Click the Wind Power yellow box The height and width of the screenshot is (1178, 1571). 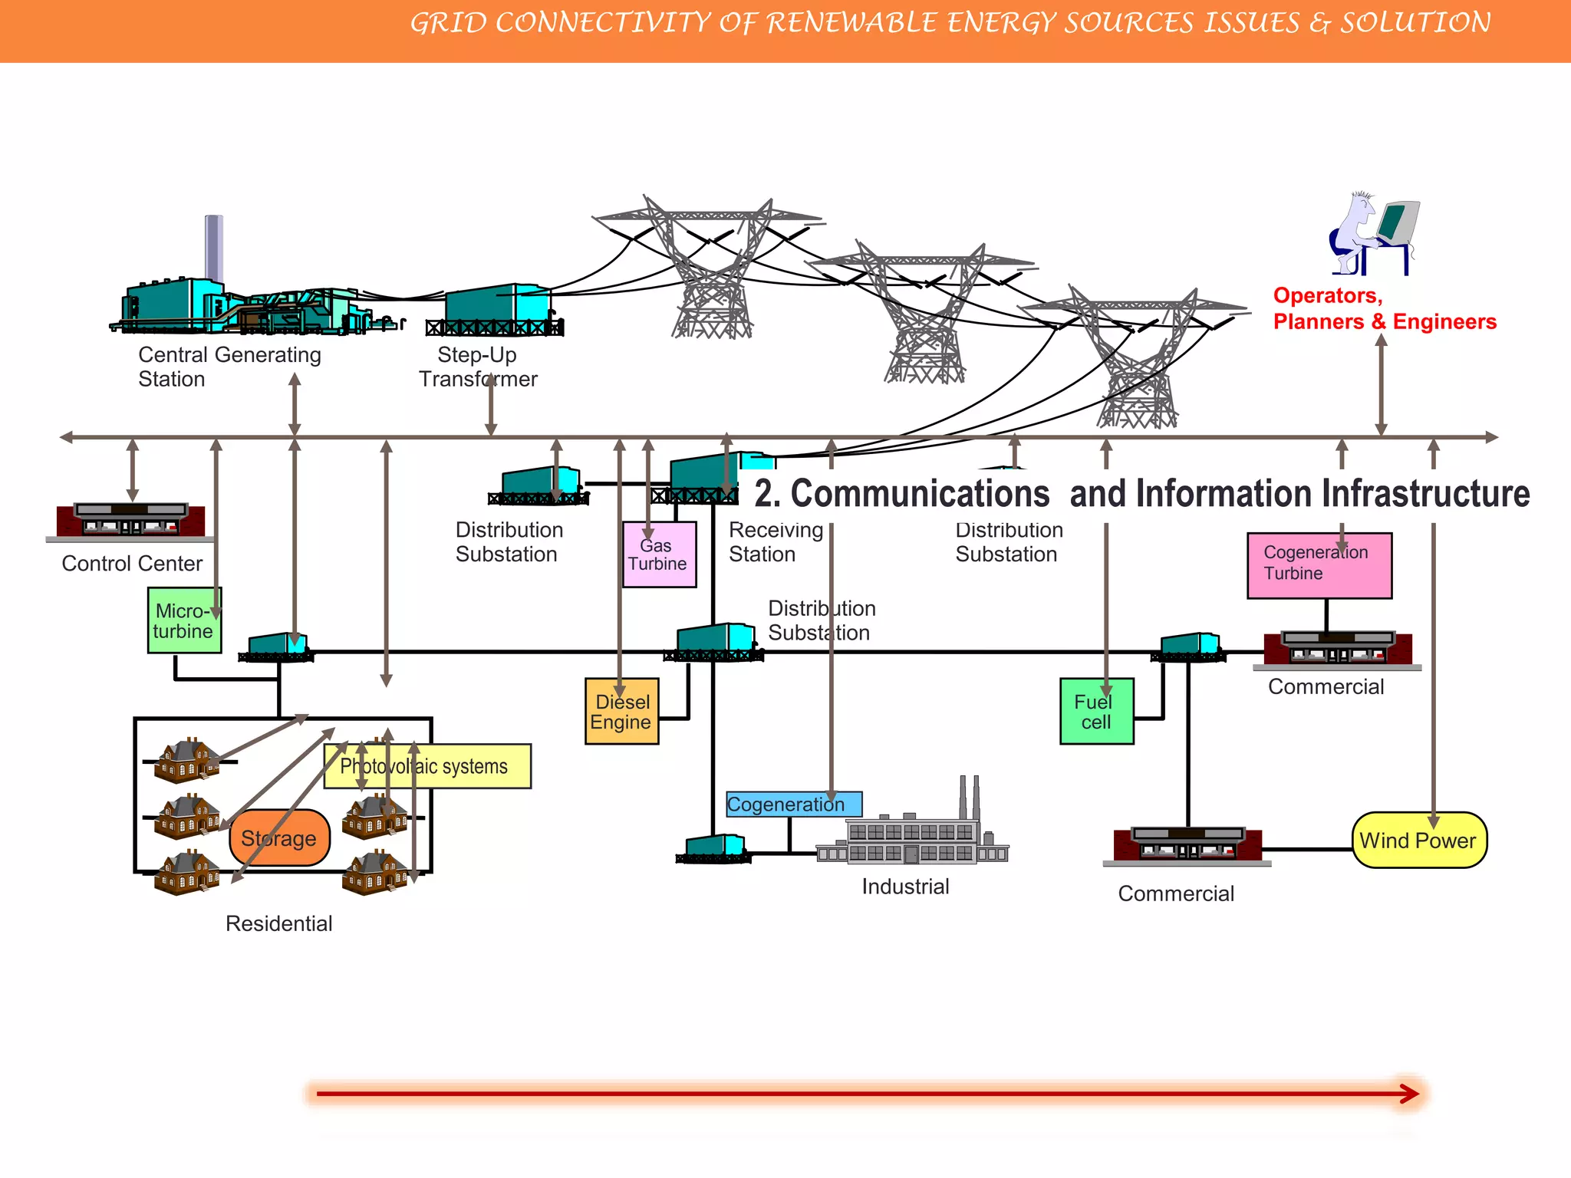[1418, 841]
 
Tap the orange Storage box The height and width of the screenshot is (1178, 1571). [279, 838]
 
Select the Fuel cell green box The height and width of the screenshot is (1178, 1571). [1096, 712]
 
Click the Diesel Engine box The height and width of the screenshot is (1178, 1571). [621, 712]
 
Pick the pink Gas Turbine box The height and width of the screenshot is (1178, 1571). [659, 555]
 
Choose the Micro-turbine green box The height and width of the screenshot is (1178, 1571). [184, 621]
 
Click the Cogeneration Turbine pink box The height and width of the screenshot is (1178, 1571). [1319, 566]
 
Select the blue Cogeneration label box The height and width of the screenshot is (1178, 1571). [793, 805]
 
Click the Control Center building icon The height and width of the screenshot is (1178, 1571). [131, 521]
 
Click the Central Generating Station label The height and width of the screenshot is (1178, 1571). [229, 367]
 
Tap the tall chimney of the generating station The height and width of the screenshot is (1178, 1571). [214, 249]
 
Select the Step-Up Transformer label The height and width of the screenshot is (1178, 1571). [478, 367]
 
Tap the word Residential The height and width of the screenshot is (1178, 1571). [278, 923]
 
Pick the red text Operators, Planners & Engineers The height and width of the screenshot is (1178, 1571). [1384, 308]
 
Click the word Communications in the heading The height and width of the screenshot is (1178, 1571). [919, 493]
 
